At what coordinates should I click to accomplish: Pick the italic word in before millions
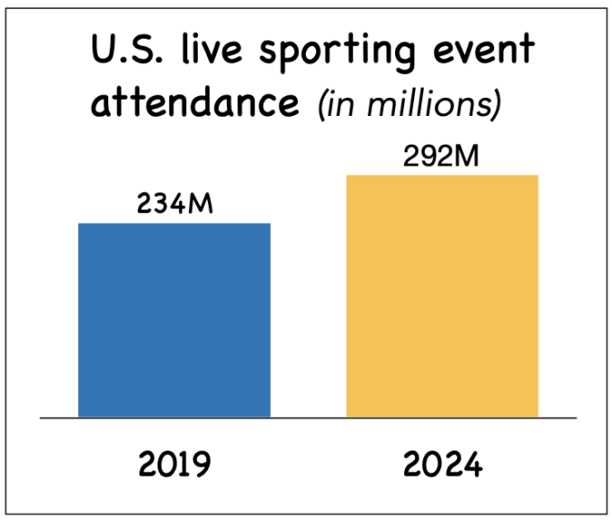tap(339, 104)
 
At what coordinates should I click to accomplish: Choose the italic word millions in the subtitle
tap(424, 104)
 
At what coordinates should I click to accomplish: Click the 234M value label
tap(175, 205)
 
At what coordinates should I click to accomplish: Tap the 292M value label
tap(441, 156)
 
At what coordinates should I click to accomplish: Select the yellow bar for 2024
tap(442, 297)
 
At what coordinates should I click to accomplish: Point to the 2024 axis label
tap(443, 466)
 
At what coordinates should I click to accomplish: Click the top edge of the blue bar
tap(175, 223)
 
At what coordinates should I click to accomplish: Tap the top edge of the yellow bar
tap(442, 175)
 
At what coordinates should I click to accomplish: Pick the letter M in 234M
tap(202, 205)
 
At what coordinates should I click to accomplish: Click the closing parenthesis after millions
tap(495, 104)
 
